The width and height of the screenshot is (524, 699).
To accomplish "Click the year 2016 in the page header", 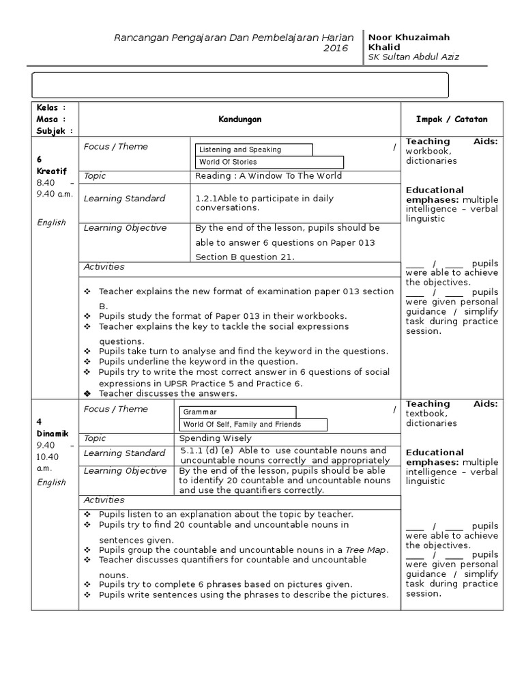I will (x=335, y=48).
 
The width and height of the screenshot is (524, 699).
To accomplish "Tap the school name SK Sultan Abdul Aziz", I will (x=413, y=57).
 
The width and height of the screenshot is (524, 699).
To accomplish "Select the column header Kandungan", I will (x=239, y=119).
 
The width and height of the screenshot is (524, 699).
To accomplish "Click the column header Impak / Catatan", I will (x=452, y=119).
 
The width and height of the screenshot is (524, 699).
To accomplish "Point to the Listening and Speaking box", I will (x=254, y=149).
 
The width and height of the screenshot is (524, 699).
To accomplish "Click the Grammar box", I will (x=237, y=412).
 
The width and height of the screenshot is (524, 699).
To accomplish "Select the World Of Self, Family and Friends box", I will (x=253, y=424).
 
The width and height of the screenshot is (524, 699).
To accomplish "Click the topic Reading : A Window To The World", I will (x=268, y=175).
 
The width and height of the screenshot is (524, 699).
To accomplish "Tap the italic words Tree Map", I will (x=366, y=550).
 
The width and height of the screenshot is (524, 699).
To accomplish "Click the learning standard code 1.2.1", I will (x=206, y=198).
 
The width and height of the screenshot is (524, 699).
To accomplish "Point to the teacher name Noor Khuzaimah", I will (x=409, y=37).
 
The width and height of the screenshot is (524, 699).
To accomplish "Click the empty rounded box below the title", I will (x=240, y=86).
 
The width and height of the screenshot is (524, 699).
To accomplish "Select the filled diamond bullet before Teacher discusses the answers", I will (x=87, y=394).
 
